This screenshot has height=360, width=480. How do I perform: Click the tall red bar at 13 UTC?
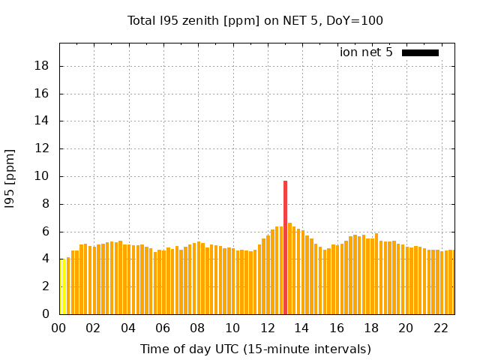point(285,247)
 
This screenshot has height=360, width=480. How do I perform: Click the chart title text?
point(255,21)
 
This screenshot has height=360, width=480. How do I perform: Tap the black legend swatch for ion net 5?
point(420,52)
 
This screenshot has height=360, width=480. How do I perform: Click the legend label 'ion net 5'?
point(366,52)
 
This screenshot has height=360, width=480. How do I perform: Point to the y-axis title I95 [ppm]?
point(10,178)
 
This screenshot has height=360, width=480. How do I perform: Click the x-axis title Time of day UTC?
point(255,349)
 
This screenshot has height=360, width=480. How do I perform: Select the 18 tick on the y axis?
point(43,66)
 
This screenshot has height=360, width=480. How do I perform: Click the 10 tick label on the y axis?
point(43,176)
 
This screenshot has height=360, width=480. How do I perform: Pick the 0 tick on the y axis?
point(46,314)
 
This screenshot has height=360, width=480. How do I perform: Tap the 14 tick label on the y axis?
point(43,121)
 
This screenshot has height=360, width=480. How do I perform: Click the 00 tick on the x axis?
point(59,328)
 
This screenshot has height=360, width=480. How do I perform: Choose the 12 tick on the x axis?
point(268,328)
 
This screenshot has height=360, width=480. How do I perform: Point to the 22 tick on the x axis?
point(441,328)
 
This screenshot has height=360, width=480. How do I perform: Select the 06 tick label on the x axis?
point(163,328)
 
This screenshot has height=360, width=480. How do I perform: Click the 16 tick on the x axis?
point(337,328)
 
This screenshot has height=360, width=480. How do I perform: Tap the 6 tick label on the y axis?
point(46,232)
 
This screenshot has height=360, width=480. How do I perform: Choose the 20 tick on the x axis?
point(406,328)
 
